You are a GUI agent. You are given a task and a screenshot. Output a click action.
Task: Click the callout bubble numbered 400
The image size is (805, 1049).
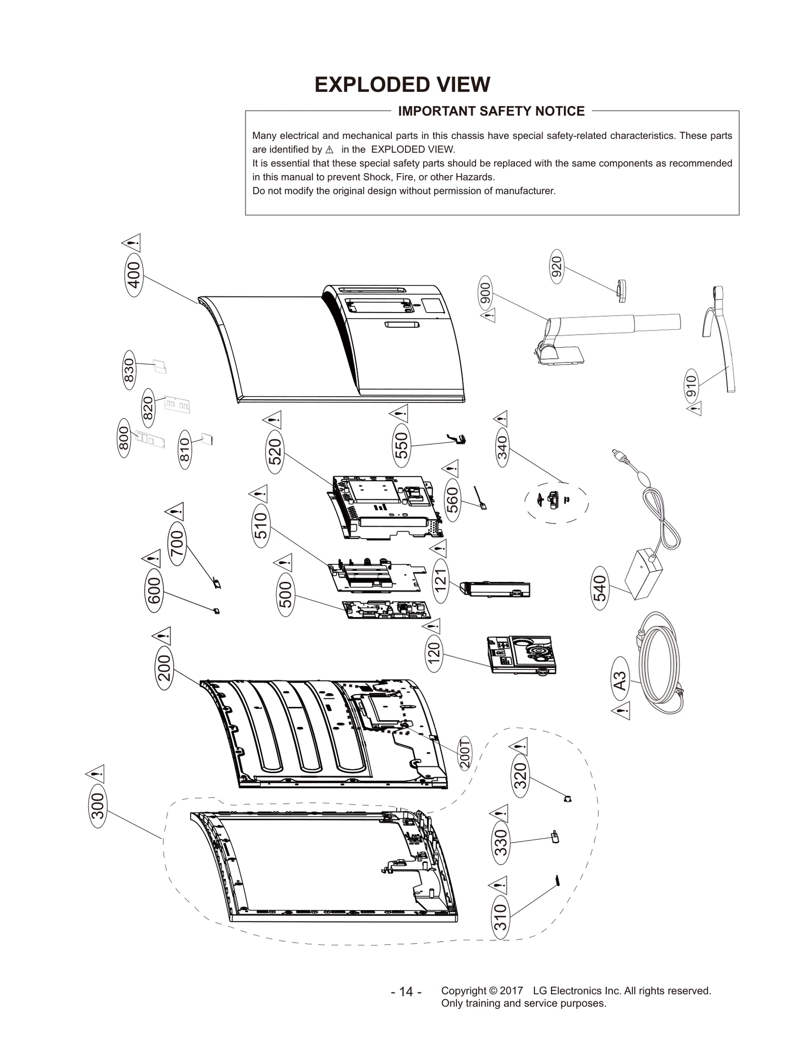click(x=134, y=275)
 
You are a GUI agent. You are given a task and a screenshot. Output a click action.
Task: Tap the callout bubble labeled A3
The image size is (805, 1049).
click(x=621, y=681)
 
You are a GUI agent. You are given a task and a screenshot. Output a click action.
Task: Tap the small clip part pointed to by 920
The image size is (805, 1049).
click(x=620, y=290)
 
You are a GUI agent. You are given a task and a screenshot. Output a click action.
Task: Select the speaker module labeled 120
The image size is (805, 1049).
click(x=521, y=654)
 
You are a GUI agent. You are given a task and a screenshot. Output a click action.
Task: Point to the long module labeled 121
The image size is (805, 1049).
click(x=495, y=589)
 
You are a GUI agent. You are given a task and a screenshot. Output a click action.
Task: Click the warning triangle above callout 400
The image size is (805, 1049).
click(x=132, y=243)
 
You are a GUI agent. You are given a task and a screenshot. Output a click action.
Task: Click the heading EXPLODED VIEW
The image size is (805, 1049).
click(x=402, y=85)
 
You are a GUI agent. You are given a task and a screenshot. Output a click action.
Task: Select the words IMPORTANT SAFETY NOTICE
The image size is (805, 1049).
click(x=491, y=111)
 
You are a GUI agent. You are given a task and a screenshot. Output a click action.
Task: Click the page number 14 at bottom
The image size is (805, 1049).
click(x=406, y=992)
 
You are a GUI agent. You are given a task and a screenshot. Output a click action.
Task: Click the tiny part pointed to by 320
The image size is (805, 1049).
click(x=568, y=799)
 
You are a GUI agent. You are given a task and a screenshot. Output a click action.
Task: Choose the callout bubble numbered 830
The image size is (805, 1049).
click(x=129, y=370)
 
